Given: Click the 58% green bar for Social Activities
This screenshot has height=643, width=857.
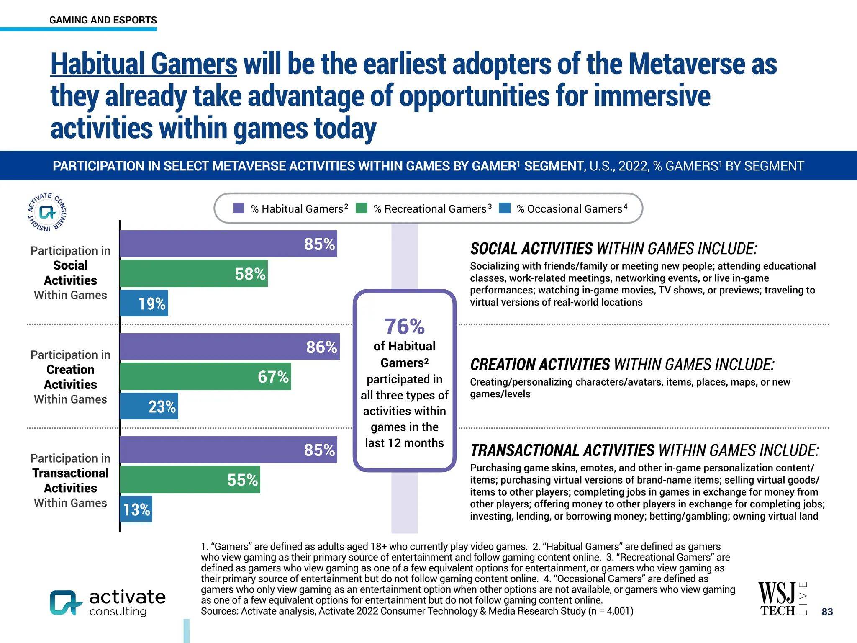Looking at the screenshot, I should click(x=193, y=273).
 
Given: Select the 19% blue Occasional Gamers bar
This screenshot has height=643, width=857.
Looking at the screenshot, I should click(x=144, y=303).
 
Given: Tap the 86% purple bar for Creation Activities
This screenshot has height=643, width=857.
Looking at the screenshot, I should click(x=229, y=347).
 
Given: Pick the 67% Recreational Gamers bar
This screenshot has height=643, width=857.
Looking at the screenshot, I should click(x=205, y=376).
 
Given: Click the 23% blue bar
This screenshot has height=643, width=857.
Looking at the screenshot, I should click(x=149, y=406).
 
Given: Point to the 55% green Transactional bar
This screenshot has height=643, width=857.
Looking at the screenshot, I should click(x=190, y=479).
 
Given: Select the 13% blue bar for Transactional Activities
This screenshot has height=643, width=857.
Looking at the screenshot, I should click(x=136, y=509).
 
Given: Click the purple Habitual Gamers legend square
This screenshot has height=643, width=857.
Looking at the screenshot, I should click(x=239, y=208).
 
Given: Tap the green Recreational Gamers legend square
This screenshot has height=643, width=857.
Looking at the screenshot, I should click(x=362, y=208).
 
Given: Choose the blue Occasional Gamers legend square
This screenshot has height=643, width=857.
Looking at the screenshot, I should click(x=505, y=208).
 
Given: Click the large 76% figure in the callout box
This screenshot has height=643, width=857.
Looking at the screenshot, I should click(x=404, y=327).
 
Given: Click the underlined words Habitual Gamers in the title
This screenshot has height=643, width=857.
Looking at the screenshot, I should click(x=144, y=64).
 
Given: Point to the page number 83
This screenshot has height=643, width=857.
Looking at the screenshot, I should click(x=827, y=612).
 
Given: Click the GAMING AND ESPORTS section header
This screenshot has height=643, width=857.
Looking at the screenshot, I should click(x=103, y=20).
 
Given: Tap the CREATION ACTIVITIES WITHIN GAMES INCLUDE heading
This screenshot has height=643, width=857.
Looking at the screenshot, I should click(x=622, y=365).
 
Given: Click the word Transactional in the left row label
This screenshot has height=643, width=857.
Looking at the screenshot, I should click(x=70, y=473).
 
